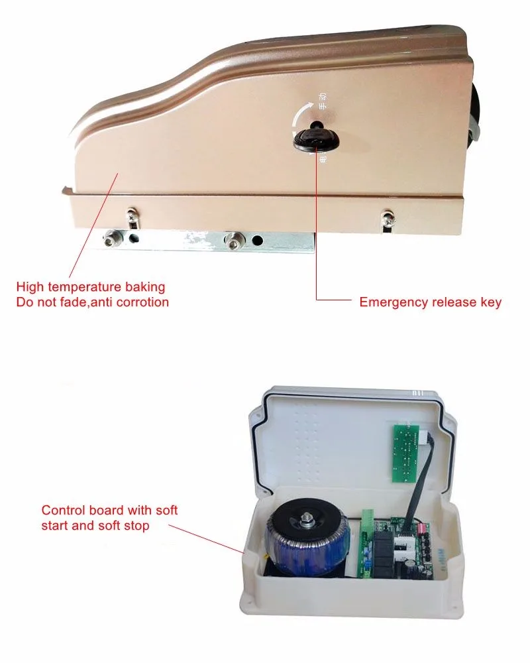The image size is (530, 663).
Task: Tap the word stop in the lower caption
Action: point(134,526)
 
